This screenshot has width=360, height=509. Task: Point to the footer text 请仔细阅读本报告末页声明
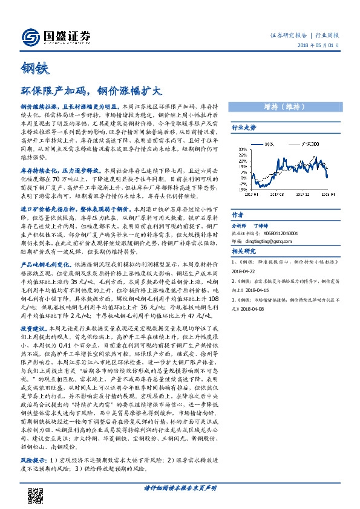[x=180, y=487]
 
